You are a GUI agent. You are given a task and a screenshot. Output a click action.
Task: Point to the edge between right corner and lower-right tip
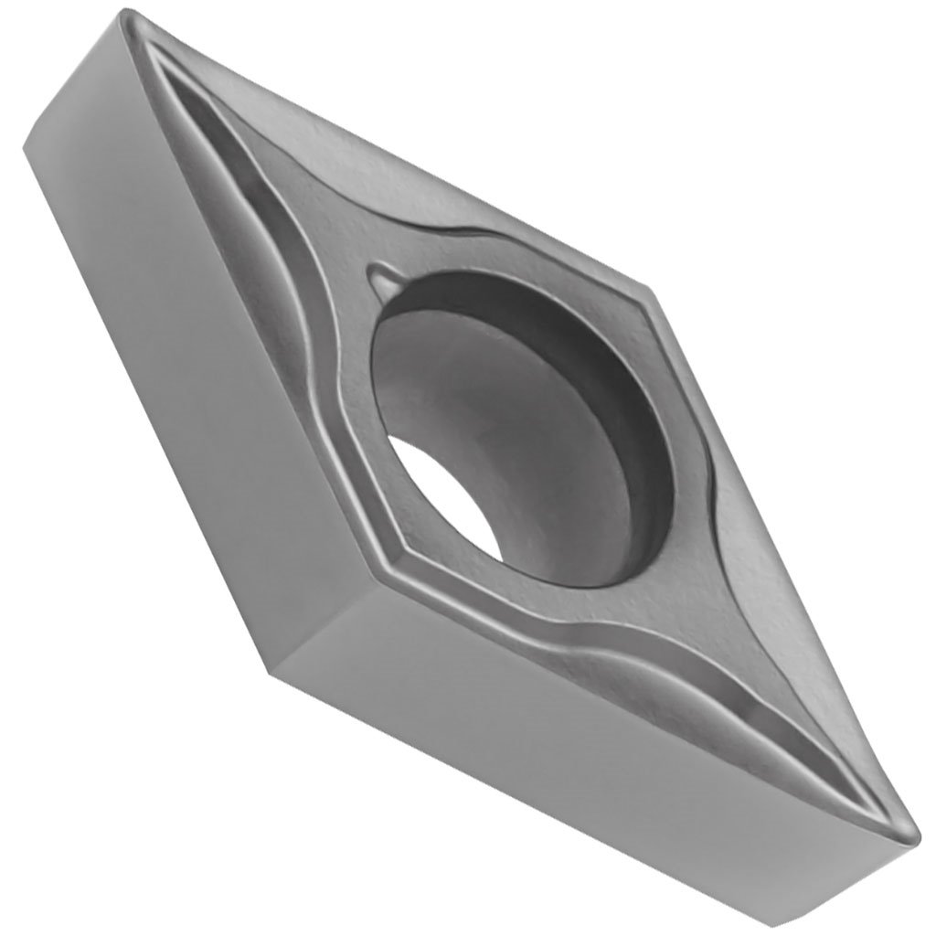(777, 548)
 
